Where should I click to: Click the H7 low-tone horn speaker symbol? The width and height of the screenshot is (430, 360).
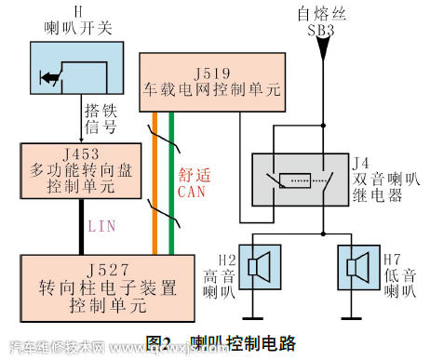click(358, 268)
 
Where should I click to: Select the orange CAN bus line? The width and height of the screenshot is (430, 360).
click(155, 186)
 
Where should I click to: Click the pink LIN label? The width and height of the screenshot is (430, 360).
click(101, 225)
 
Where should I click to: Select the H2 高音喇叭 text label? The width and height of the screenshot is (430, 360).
click(217, 273)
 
